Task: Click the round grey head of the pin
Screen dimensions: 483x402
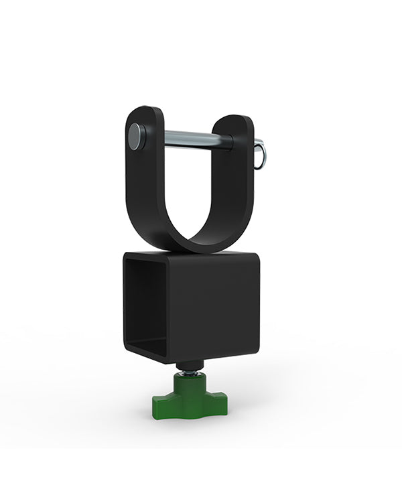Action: coord(137,137)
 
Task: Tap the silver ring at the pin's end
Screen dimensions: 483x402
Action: coord(261,155)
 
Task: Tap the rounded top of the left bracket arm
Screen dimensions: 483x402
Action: coord(143,112)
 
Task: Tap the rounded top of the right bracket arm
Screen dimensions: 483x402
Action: coord(235,121)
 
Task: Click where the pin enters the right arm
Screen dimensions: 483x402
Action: coord(230,142)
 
